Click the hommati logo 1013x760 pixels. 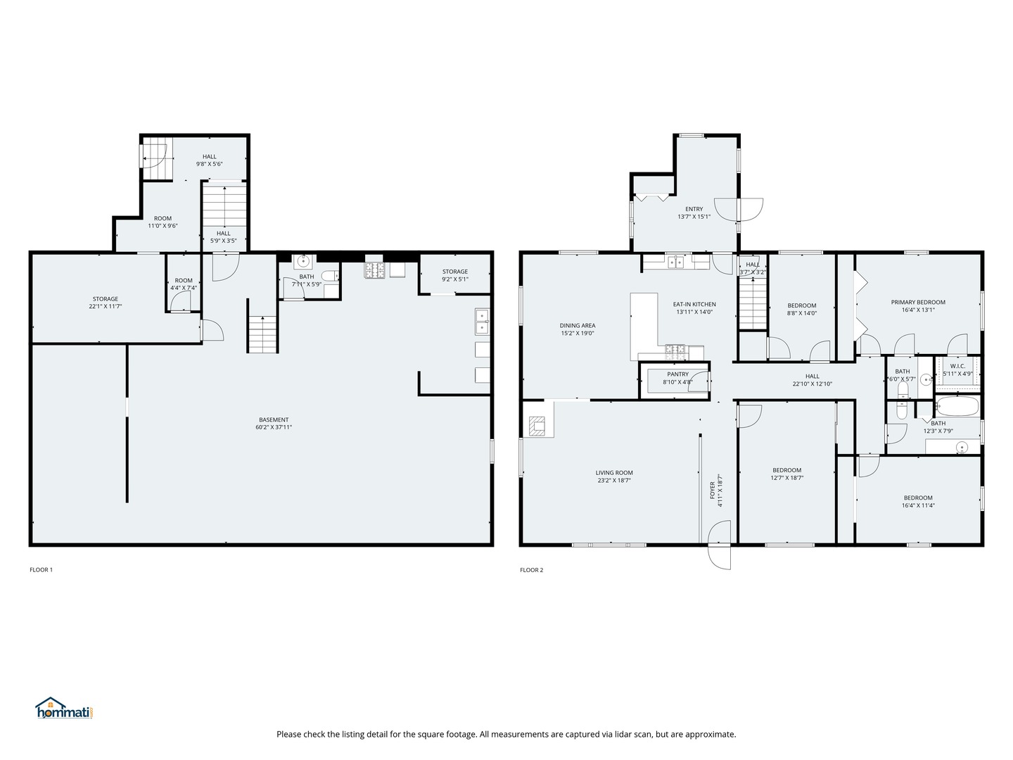pos(65,708)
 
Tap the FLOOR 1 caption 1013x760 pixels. pos(41,570)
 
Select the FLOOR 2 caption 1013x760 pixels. pos(532,570)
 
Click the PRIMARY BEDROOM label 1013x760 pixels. pos(918,303)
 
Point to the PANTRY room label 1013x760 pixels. pos(677,374)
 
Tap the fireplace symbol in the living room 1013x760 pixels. pos(537,426)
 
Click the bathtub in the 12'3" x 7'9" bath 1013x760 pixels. pos(957,407)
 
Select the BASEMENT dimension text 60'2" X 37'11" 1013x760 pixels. pos(274,427)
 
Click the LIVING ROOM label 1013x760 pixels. pos(614,472)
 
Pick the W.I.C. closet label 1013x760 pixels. pos(957,366)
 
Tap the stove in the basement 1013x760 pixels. pos(375,270)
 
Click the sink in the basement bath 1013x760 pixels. pos(302,261)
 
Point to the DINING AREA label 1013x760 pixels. pos(578,325)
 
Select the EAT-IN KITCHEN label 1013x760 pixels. pos(694,304)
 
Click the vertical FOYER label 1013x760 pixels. pos(712,490)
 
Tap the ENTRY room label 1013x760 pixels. pos(694,209)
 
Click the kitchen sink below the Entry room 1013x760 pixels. pos(676,262)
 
